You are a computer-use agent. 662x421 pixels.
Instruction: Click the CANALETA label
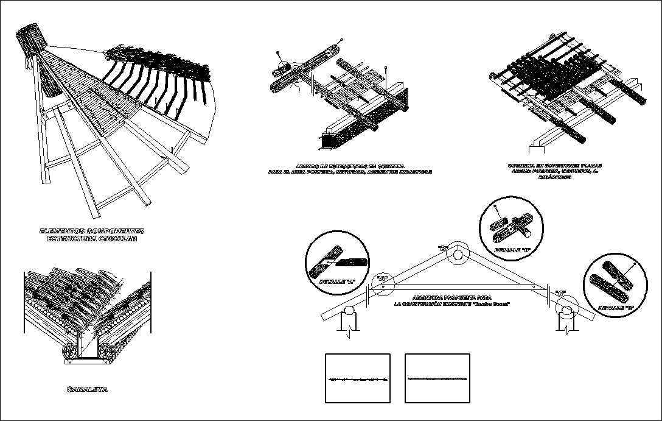tap(87, 389)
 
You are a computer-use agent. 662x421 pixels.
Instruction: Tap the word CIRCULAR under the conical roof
tap(114, 239)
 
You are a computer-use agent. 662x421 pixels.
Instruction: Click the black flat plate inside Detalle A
tap(351, 262)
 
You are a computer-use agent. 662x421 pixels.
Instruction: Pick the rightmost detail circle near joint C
tap(615, 280)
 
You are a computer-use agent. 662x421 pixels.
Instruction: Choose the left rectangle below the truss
tap(357, 378)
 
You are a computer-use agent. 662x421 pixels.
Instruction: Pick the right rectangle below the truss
tap(437, 378)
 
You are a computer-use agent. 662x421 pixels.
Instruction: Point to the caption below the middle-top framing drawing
tap(350, 169)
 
